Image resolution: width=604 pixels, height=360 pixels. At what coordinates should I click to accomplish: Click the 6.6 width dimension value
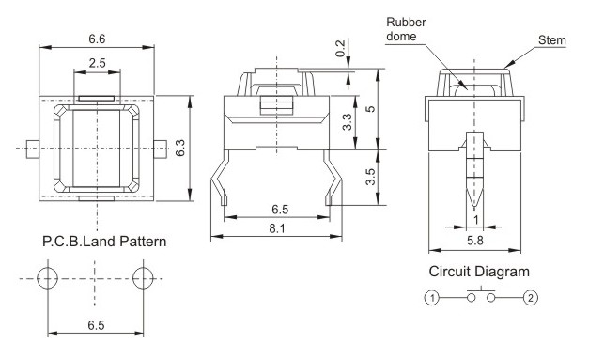[97, 39]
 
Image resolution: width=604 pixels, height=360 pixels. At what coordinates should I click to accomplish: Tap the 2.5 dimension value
[97, 63]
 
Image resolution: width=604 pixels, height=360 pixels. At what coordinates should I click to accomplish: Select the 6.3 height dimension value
[180, 148]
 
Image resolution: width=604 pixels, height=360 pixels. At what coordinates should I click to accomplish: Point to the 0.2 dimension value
[341, 48]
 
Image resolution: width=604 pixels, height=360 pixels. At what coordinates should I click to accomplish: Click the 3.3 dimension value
[347, 122]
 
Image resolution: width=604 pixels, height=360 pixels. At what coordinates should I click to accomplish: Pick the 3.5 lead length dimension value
[370, 177]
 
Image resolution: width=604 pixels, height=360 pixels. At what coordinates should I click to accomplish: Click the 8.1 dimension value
[277, 229]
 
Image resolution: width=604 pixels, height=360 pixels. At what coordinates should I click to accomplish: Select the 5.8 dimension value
[475, 241]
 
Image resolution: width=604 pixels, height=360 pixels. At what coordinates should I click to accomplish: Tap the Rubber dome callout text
[406, 29]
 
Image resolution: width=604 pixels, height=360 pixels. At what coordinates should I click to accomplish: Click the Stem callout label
[552, 40]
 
